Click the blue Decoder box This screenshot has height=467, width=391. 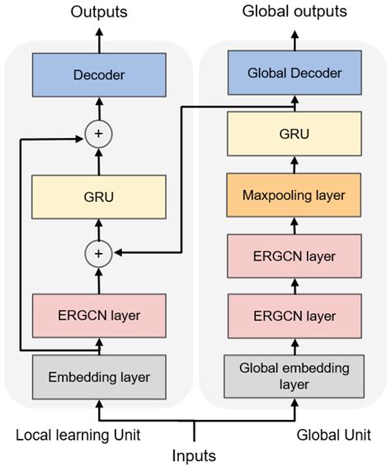(x=98, y=75)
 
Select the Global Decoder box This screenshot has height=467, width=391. (x=294, y=74)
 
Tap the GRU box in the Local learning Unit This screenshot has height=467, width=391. (x=98, y=197)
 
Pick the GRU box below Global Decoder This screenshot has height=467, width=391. (x=294, y=133)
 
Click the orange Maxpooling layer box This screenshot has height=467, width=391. (x=294, y=196)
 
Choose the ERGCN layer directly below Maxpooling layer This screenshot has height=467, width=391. (x=294, y=255)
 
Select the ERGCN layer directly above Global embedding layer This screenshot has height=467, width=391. (x=294, y=316)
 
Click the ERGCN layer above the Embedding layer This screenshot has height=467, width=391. (x=98, y=315)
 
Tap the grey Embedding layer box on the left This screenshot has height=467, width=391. (x=98, y=376)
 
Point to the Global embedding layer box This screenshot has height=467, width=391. (x=294, y=376)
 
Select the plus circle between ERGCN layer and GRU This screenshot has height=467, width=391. (x=98, y=254)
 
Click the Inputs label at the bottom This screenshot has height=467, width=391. (x=195, y=455)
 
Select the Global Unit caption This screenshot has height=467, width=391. (x=334, y=434)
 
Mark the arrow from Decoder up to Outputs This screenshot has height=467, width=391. (x=98, y=40)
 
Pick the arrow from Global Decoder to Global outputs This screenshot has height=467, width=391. (x=294, y=39)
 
